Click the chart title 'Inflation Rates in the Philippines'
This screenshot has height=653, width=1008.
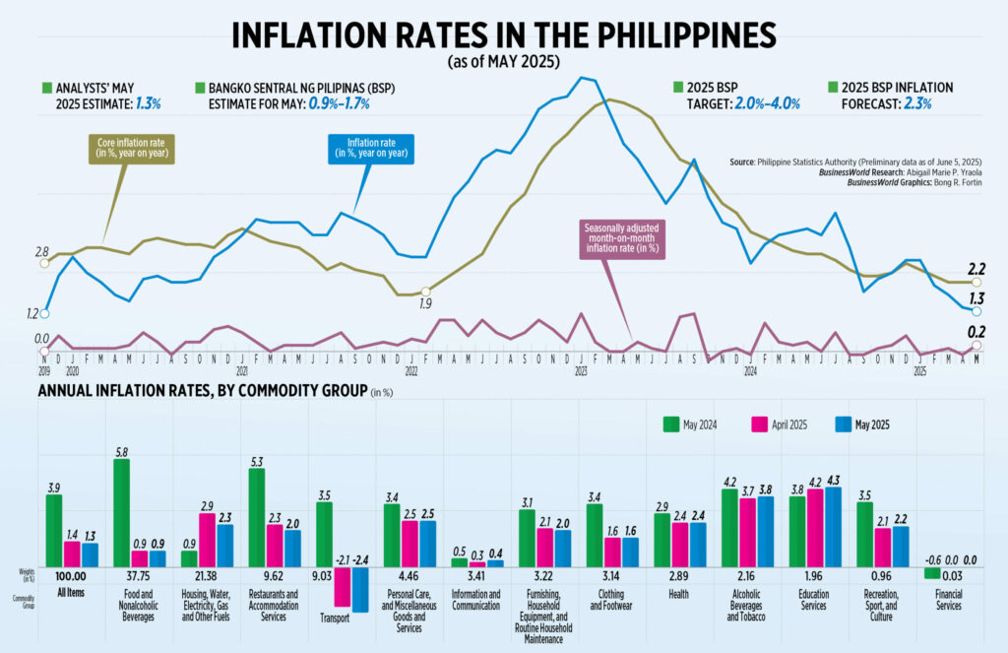[x=503, y=34]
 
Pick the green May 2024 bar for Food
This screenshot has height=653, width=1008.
[x=122, y=512]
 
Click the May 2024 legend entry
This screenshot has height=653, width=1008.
[x=690, y=424]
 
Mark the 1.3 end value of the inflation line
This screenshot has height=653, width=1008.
[x=977, y=298]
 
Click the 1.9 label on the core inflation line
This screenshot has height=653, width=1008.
[x=424, y=303]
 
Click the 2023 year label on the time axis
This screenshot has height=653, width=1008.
[x=581, y=371]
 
